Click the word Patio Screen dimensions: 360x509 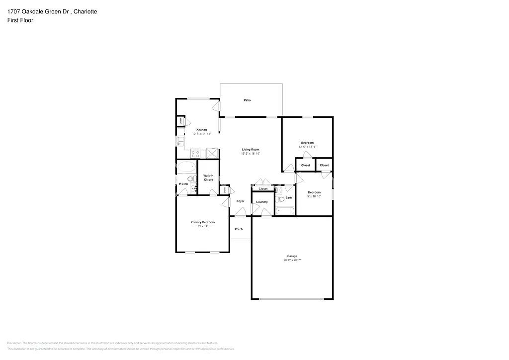247,100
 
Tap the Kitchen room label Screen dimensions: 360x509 201,130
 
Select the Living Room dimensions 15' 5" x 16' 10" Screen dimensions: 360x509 251,154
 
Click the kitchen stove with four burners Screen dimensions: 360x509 195,154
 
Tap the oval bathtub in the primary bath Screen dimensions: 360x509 187,167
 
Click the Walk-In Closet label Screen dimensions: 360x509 208,178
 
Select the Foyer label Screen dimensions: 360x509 241,201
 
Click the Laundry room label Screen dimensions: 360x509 262,202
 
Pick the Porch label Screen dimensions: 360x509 239,229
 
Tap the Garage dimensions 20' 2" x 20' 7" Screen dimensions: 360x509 292,260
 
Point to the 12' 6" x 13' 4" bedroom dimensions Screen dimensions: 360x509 307,147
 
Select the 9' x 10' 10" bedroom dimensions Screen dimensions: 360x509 314,196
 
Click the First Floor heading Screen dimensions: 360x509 20,20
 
